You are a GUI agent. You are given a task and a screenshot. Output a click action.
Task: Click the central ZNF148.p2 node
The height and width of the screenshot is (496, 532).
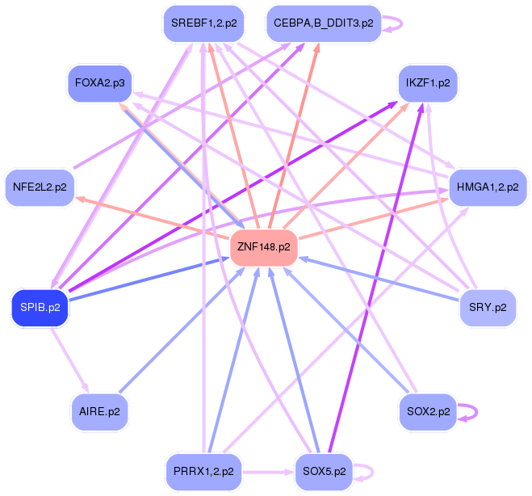click(x=264, y=247)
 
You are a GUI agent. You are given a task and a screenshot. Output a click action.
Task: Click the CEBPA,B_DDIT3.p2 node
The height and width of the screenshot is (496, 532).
click(x=323, y=23)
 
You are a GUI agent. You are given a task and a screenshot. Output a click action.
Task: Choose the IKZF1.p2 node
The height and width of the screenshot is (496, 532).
click(x=428, y=83)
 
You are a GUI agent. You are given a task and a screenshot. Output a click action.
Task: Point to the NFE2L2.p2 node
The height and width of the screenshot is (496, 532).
click(x=40, y=187)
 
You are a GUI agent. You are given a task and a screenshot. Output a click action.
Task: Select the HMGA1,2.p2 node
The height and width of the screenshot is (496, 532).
click(x=488, y=187)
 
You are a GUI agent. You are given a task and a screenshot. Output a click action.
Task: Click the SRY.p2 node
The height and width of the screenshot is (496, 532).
click(x=488, y=307)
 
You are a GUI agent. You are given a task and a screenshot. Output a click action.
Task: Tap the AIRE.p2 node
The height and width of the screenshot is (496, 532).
click(x=100, y=411)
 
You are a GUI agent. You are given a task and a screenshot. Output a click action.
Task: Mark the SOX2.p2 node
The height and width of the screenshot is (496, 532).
click(x=428, y=411)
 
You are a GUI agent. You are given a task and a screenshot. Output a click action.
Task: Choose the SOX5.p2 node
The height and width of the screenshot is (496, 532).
click(x=323, y=470)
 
